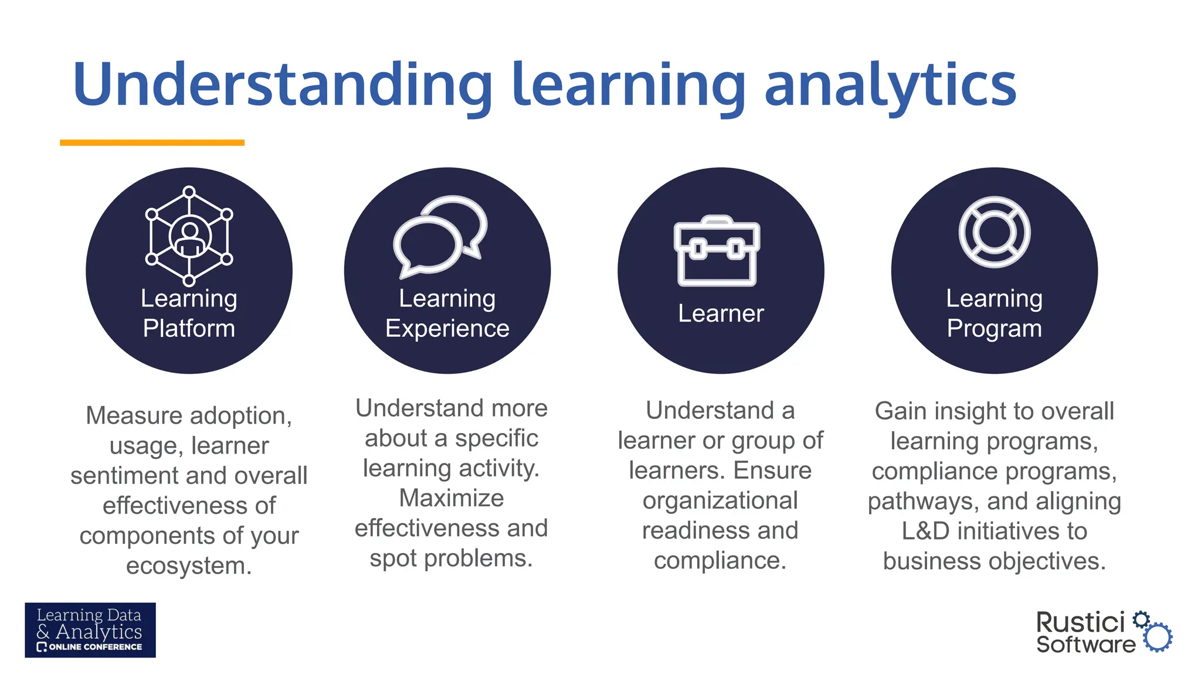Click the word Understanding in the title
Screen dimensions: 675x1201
pyautogui.click(x=281, y=86)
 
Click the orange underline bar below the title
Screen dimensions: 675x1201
pyautogui.click(x=152, y=142)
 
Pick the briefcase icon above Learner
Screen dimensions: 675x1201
pyautogui.click(x=717, y=251)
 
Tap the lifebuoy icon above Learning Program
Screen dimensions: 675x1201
pyautogui.click(x=994, y=232)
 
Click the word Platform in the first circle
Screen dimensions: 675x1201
pyautogui.click(x=189, y=329)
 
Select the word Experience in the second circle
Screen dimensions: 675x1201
pyautogui.click(x=447, y=329)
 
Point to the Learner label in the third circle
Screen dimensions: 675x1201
pyautogui.click(x=721, y=313)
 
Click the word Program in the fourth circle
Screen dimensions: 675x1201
pyautogui.click(x=994, y=329)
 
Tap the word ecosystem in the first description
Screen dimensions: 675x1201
pyautogui.click(x=189, y=566)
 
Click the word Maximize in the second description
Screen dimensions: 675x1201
pyautogui.click(x=451, y=499)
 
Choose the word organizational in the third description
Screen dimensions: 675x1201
pyautogui.click(x=720, y=501)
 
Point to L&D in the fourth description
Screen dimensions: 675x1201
pyautogui.click(x=925, y=531)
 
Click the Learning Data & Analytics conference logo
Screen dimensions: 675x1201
pyautogui.click(x=90, y=630)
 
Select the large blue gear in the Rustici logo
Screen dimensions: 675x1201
pyautogui.click(x=1158, y=637)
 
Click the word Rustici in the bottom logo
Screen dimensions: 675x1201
pyautogui.click(x=1080, y=622)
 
